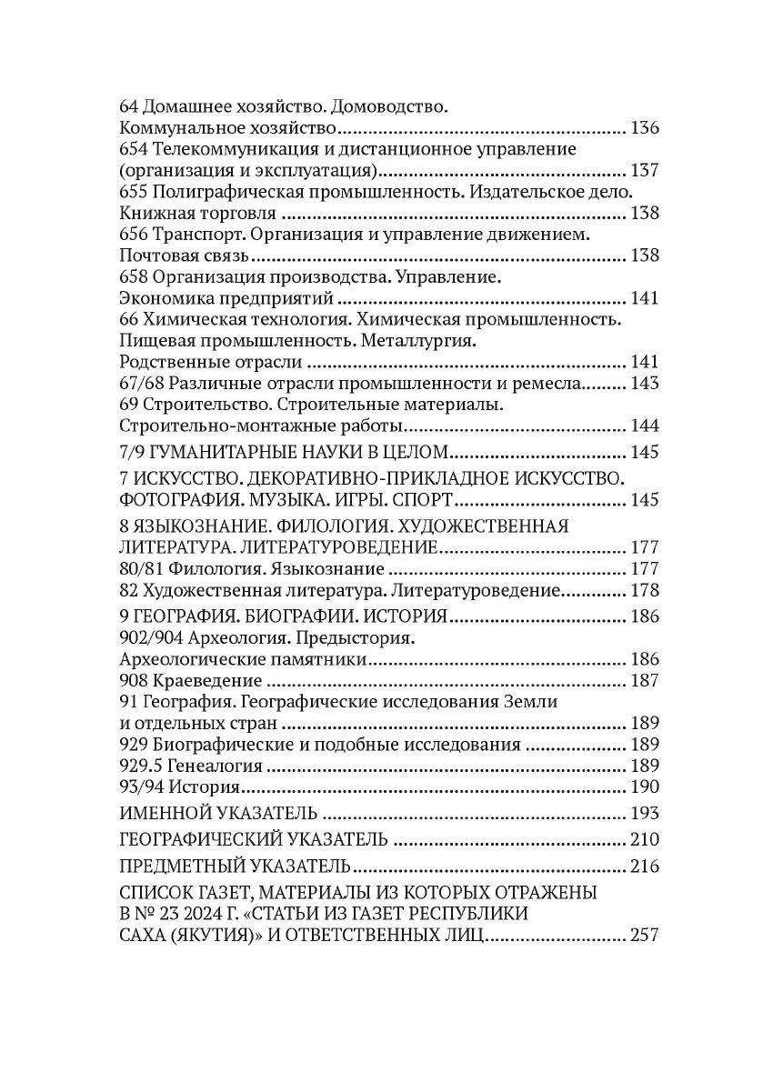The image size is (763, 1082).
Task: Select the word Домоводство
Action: click(x=393, y=106)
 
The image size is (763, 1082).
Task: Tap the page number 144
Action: click(x=643, y=426)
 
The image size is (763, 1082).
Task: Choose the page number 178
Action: click(x=643, y=591)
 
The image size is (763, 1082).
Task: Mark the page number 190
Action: click(x=643, y=786)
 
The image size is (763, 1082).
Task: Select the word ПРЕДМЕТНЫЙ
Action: click(x=176, y=866)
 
